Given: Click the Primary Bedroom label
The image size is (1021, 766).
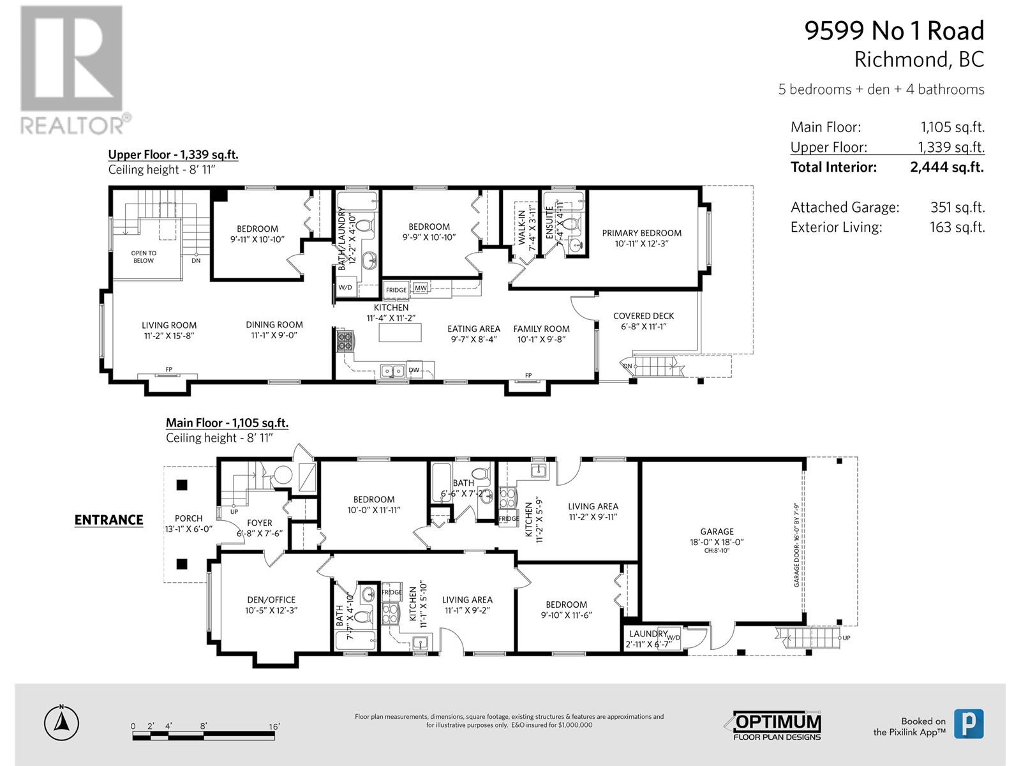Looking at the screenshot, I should click(x=641, y=233).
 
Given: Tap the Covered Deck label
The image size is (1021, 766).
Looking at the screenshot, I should click(x=643, y=316).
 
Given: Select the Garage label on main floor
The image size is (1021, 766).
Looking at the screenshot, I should click(x=717, y=531).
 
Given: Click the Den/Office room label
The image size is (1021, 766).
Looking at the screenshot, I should click(x=271, y=600).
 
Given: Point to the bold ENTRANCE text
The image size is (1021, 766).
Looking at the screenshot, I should click(x=108, y=520).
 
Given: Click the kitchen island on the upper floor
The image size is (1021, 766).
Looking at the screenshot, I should click(x=400, y=333).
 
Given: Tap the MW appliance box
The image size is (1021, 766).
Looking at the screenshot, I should click(x=421, y=289).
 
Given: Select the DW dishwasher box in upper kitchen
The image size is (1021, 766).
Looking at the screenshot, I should click(x=414, y=370).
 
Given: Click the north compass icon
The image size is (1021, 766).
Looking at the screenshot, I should click(x=61, y=723).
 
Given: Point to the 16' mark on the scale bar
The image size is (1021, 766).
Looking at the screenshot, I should click(x=274, y=726).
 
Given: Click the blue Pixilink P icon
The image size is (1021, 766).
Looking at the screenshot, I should click(x=968, y=724).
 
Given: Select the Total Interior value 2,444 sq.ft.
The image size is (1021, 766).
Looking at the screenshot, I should click(x=947, y=167).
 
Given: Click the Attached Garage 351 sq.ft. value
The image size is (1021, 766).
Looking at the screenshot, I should click(x=957, y=207).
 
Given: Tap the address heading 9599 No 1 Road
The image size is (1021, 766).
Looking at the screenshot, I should click(x=894, y=31).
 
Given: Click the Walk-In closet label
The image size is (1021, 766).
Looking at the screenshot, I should click(x=521, y=227).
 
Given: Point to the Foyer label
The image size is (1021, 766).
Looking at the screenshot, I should click(x=260, y=523).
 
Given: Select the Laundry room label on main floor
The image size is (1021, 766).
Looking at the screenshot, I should click(x=648, y=634).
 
